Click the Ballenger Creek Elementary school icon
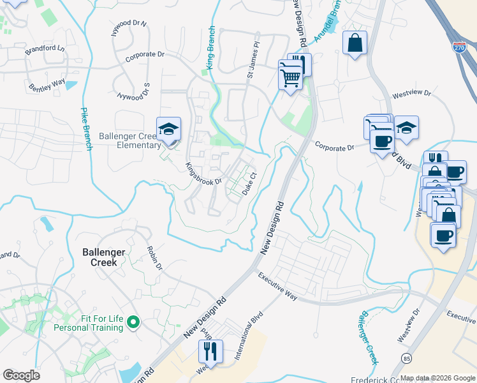click(x=169, y=130)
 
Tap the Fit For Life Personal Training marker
click(x=133, y=324)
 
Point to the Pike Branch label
click(x=86, y=128)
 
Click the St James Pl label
click(x=253, y=61)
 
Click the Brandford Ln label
click(x=45, y=49)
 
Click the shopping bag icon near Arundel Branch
click(x=355, y=43)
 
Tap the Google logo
click(x=21, y=375)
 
